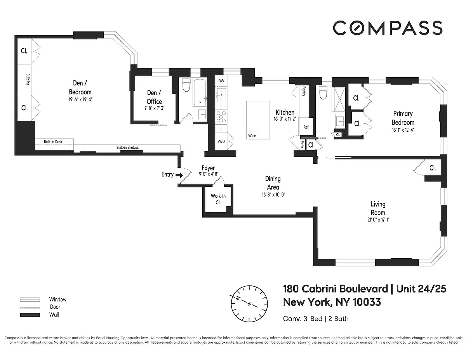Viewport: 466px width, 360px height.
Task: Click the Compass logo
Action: (387, 28)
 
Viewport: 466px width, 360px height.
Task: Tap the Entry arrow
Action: (179, 175)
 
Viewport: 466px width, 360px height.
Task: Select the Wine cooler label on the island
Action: (252, 136)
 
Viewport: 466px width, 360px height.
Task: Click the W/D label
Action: (221, 141)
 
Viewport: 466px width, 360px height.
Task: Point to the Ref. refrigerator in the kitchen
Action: (306, 127)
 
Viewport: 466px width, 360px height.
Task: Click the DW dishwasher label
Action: (221, 81)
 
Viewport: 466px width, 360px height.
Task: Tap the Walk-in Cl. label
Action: (218, 199)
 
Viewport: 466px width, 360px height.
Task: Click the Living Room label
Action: (377, 208)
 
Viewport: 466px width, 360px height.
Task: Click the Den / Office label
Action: (154, 97)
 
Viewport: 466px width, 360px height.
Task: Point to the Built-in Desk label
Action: (53, 142)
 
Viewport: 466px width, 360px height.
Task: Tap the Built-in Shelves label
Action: (127, 148)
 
